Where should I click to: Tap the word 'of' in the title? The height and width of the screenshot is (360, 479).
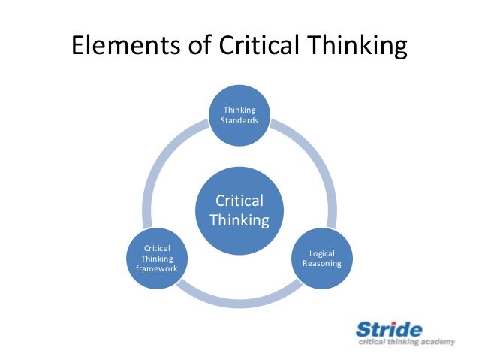[197, 47]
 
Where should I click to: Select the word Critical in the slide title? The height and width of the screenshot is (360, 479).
[260, 47]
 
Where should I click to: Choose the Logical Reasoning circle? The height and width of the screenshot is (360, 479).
[321, 259]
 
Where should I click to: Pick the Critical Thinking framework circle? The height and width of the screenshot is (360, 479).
[157, 259]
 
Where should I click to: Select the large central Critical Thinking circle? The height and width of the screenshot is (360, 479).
[239, 211]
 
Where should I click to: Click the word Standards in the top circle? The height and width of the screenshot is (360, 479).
[239, 121]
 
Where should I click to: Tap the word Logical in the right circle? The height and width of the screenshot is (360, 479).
[321, 253]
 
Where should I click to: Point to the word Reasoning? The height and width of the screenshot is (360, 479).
[321, 264]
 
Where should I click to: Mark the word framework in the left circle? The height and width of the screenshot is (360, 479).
[157, 269]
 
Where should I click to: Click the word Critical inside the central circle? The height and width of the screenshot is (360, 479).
[239, 201]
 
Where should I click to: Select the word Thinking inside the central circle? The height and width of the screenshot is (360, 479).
[239, 220]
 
